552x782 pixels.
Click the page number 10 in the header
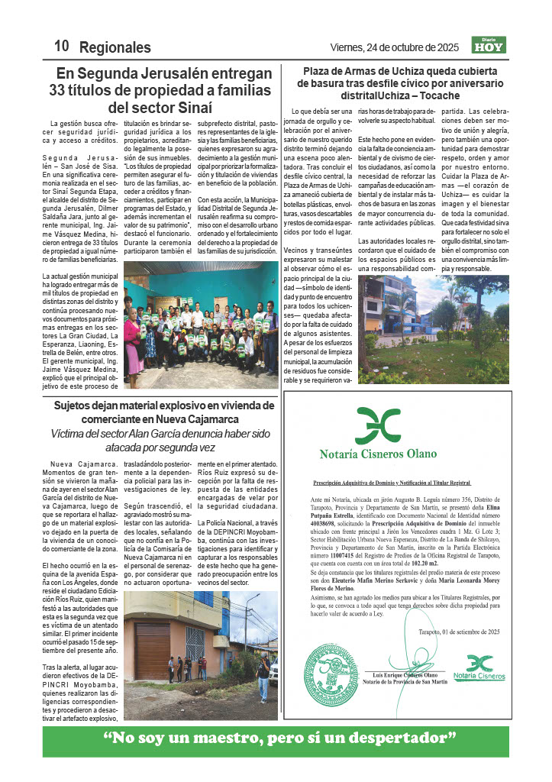(x=60, y=47)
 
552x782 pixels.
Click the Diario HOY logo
(x=489, y=46)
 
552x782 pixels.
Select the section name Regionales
(x=115, y=47)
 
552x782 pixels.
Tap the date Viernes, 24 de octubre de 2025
(x=395, y=47)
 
